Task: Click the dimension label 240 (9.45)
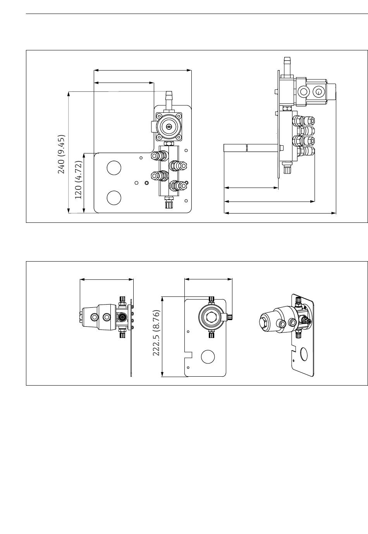[62, 154]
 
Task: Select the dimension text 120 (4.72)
[79, 180]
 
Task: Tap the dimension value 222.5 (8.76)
[156, 333]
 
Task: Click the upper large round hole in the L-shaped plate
[114, 168]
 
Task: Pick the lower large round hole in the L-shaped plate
[114, 198]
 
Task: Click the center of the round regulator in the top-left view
[169, 127]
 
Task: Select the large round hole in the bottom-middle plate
[208, 357]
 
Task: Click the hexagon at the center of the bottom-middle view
[211, 317]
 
